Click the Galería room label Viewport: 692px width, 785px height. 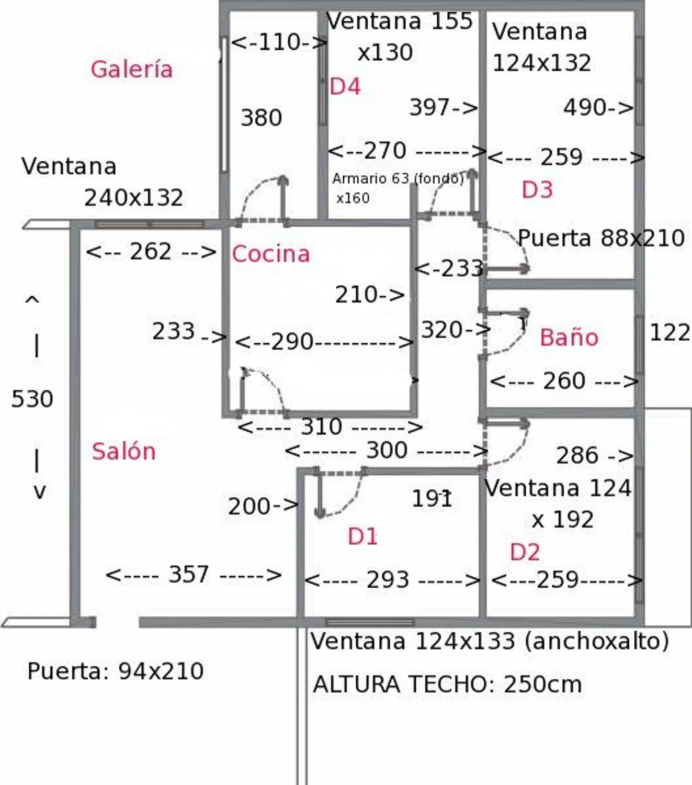click(131, 70)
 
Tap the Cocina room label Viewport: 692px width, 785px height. click(270, 254)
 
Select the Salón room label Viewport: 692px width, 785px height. click(123, 451)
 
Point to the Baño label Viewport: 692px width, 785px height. click(569, 338)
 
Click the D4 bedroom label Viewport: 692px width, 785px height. click(345, 86)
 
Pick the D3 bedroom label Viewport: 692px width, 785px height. click(537, 189)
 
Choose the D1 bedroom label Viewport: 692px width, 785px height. click(362, 536)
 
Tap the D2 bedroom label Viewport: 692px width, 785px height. click(525, 552)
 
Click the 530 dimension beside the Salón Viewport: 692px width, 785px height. click(32, 399)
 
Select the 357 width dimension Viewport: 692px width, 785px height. click(189, 575)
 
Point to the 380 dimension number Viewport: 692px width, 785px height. click(261, 118)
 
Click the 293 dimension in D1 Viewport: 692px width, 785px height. click(388, 580)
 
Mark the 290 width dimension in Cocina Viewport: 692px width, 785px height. click(292, 342)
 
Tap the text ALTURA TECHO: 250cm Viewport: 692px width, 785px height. click(447, 685)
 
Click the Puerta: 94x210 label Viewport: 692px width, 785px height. click(116, 671)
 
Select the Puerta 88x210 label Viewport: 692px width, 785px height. click(601, 238)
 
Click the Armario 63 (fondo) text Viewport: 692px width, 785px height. click(398, 179)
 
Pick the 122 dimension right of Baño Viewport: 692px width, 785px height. click(670, 332)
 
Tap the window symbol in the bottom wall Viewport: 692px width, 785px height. click(370, 622)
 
